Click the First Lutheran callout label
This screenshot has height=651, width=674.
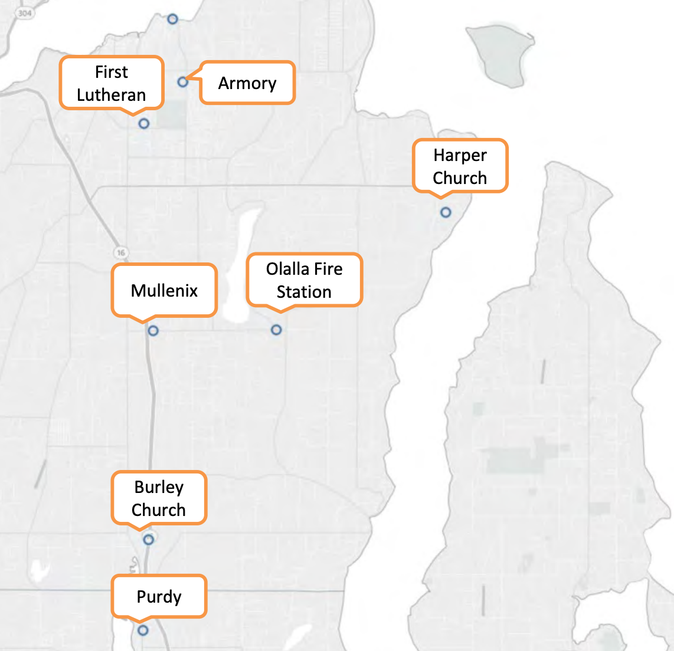111,83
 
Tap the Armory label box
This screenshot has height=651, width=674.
247,83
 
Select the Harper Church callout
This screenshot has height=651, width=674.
460,166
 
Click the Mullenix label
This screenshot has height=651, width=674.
164,290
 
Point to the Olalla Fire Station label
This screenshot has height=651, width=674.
304,280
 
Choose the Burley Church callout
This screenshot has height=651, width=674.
159,498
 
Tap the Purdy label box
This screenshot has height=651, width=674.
159,597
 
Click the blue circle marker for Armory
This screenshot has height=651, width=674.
183,81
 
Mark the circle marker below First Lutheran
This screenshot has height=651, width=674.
144,123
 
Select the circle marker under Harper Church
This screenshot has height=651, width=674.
446,212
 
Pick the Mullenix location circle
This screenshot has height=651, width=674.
153,331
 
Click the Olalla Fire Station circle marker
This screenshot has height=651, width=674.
276,330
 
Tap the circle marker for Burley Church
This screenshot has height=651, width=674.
149,539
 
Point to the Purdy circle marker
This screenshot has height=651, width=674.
143,630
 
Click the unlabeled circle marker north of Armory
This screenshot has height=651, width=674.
172,19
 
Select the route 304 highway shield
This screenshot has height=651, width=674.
24,13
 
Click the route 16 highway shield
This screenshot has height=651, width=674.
121,252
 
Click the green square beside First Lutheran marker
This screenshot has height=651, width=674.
172,115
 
